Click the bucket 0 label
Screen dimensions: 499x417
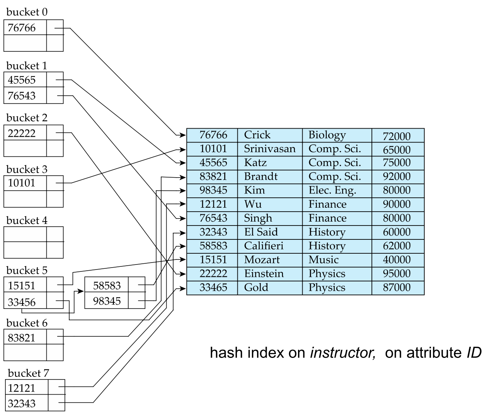[27, 12]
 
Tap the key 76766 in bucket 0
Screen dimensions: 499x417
[22, 28]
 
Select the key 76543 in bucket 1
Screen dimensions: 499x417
[22, 95]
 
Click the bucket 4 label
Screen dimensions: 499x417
[27, 220]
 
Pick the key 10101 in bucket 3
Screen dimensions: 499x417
[22, 183]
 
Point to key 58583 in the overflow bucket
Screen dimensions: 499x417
[107, 285]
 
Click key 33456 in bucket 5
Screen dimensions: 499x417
[22, 302]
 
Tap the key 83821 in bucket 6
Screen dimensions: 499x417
[22, 337]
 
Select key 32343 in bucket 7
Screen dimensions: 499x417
[22, 403]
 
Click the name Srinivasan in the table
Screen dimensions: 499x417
[269, 149]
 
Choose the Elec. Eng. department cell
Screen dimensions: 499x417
[332, 190]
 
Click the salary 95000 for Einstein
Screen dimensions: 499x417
[397, 273]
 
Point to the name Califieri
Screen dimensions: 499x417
[264, 246]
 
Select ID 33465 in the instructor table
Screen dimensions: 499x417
[213, 287]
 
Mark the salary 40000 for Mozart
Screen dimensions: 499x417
[397, 260]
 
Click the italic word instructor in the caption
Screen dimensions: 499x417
[343, 353]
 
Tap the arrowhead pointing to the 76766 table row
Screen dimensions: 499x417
[182, 135]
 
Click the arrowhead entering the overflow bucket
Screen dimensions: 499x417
[80, 291]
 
